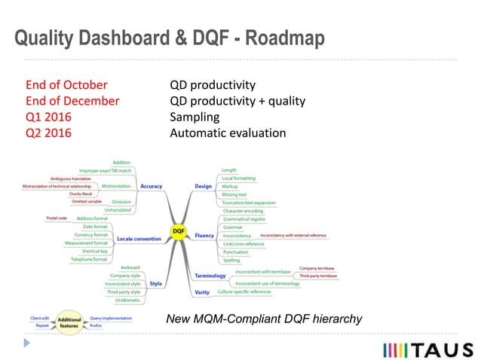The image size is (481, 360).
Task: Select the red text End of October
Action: [66, 84]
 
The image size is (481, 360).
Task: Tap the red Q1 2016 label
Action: [49, 117]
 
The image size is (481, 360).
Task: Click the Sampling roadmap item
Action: [195, 117]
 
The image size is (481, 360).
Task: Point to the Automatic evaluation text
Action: [228, 133]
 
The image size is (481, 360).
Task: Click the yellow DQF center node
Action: [179, 230]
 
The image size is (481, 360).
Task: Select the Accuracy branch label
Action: [151, 186]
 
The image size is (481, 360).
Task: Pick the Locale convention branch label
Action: [139, 239]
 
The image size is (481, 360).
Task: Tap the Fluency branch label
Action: [204, 236]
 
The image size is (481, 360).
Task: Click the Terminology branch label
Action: [212, 276]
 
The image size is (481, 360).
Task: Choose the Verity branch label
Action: [202, 291]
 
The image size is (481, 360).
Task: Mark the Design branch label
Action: [203, 186]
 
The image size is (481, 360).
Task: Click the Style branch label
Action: [155, 283]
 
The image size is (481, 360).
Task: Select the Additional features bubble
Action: [69, 321]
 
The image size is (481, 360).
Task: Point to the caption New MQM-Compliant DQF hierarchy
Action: [263, 320]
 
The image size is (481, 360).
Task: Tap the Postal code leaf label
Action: [57, 218]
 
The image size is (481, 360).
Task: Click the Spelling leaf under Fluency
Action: [231, 260]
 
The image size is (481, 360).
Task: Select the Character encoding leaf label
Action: [243, 211]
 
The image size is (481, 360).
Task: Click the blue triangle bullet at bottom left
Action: [27, 343]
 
